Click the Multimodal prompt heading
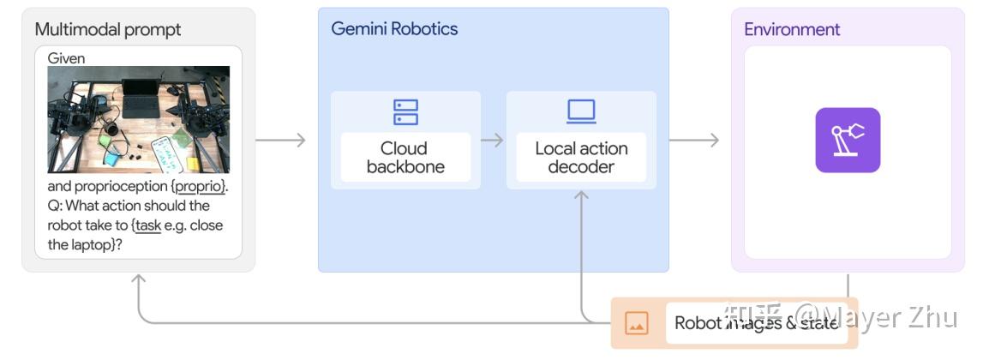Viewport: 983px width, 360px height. point(108,29)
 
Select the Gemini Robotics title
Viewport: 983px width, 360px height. point(394,28)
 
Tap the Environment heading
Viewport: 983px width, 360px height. point(792,29)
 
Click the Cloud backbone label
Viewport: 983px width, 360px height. point(405,157)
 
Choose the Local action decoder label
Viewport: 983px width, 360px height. point(581,157)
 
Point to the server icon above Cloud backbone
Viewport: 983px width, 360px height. point(405,112)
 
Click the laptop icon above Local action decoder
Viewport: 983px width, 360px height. point(581,112)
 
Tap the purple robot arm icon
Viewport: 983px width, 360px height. point(848,140)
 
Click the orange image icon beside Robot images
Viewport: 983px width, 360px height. point(636,323)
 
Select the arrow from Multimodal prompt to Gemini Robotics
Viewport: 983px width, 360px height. point(281,140)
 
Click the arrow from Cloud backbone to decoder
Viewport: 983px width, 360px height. point(493,140)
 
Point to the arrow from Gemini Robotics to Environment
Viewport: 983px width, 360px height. point(694,140)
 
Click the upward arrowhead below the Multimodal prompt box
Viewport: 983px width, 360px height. point(139,280)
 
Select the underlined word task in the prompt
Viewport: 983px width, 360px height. point(148,225)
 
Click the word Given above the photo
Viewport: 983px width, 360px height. point(67,58)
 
